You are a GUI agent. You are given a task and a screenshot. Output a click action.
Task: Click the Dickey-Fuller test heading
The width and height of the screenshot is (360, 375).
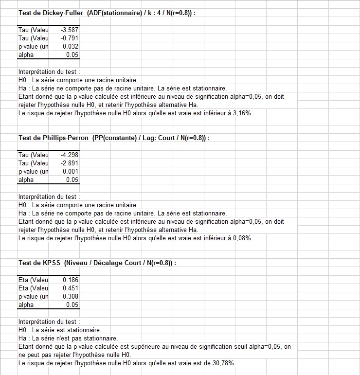click(107, 13)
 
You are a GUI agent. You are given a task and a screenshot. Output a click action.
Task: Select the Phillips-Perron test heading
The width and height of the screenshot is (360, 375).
click(114, 138)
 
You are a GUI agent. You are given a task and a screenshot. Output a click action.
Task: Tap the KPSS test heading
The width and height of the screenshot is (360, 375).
click(97, 263)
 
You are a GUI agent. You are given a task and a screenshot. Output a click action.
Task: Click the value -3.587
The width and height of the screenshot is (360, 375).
click(70, 30)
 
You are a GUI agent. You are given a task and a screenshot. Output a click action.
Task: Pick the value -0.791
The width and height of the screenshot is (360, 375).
click(70, 38)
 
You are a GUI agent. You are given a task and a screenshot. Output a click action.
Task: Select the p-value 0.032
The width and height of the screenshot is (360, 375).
click(71, 47)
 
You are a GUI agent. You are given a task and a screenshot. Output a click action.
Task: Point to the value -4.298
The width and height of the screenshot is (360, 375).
click(70, 155)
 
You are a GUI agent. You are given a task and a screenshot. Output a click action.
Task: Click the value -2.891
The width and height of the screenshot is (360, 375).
click(70, 163)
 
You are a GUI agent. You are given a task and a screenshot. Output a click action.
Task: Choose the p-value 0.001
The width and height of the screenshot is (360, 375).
click(71, 172)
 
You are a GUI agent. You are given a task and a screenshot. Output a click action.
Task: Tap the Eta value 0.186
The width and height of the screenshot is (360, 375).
click(71, 280)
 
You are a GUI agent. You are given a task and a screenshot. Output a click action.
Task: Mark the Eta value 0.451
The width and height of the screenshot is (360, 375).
click(71, 288)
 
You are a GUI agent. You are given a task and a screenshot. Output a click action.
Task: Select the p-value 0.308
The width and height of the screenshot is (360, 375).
click(71, 297)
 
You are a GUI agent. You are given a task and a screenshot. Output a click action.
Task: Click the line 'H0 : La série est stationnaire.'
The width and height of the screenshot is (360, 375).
click(59, 330)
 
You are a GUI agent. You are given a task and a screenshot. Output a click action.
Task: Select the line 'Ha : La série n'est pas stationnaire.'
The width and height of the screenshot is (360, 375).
click(68, 339)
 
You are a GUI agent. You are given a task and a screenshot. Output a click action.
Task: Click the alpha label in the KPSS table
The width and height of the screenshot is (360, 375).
click(26, 305)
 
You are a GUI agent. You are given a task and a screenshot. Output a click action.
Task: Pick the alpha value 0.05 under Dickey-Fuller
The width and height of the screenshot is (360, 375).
click(72, 55)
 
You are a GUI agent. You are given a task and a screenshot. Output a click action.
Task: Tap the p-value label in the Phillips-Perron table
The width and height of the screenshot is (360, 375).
click(34, 172)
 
